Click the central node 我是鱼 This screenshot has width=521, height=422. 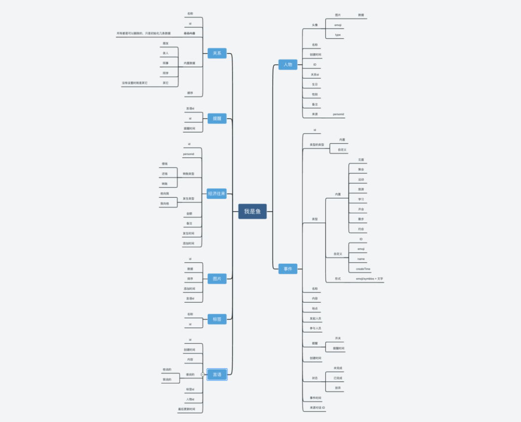pos(252,211)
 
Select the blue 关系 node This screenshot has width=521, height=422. pos(217,53)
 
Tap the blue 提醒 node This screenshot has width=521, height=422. pos(217,118)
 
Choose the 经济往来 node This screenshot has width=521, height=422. pos(217,194)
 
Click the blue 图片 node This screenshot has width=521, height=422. pos(217,279)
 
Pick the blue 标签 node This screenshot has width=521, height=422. pos(217,319)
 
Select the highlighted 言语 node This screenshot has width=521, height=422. pos(217,374)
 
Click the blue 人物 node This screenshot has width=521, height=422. pos(288,64)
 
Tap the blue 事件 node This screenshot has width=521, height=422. pos(288,268)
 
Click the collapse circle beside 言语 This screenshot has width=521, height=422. pos(203,374)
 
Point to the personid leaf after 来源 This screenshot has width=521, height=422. pos(339,114)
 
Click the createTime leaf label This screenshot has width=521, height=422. pos(363,269)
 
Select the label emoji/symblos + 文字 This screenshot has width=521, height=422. pos(370,279)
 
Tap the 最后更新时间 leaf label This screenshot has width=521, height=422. pos(187,409)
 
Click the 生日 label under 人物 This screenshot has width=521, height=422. pos(315,84)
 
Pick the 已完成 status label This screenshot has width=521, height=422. pos(338,378)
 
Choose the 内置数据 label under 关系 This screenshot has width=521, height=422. pos(190,63)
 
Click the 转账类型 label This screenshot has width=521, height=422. pos(189,174)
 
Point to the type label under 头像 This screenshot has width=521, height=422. pos(338,35)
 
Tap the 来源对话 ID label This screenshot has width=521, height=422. pos(317,408)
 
